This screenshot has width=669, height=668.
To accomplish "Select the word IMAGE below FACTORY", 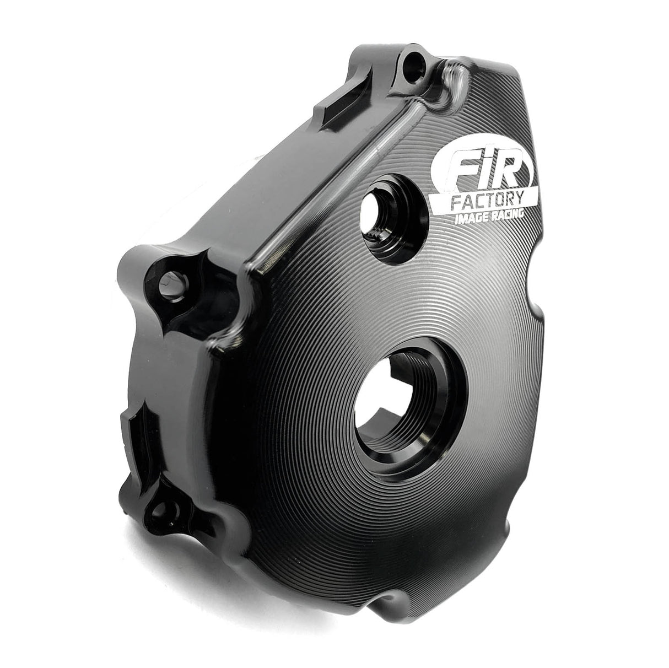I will tap(468, 219).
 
